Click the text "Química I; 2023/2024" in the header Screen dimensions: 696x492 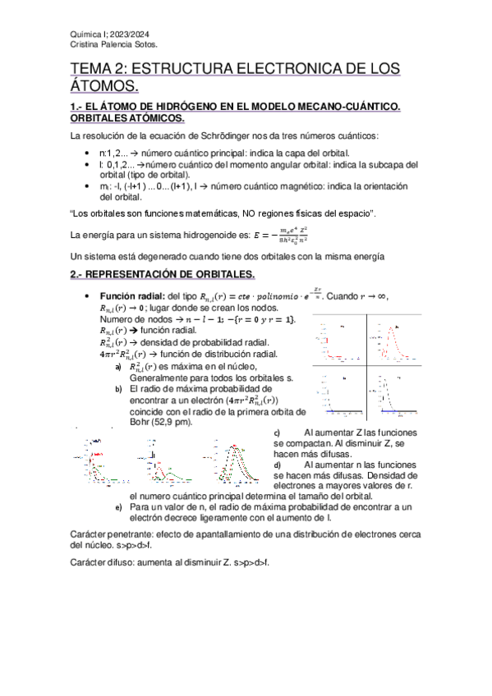[105, 34]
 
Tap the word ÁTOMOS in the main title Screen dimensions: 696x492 [104, 86]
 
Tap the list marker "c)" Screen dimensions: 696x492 [277, 433]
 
